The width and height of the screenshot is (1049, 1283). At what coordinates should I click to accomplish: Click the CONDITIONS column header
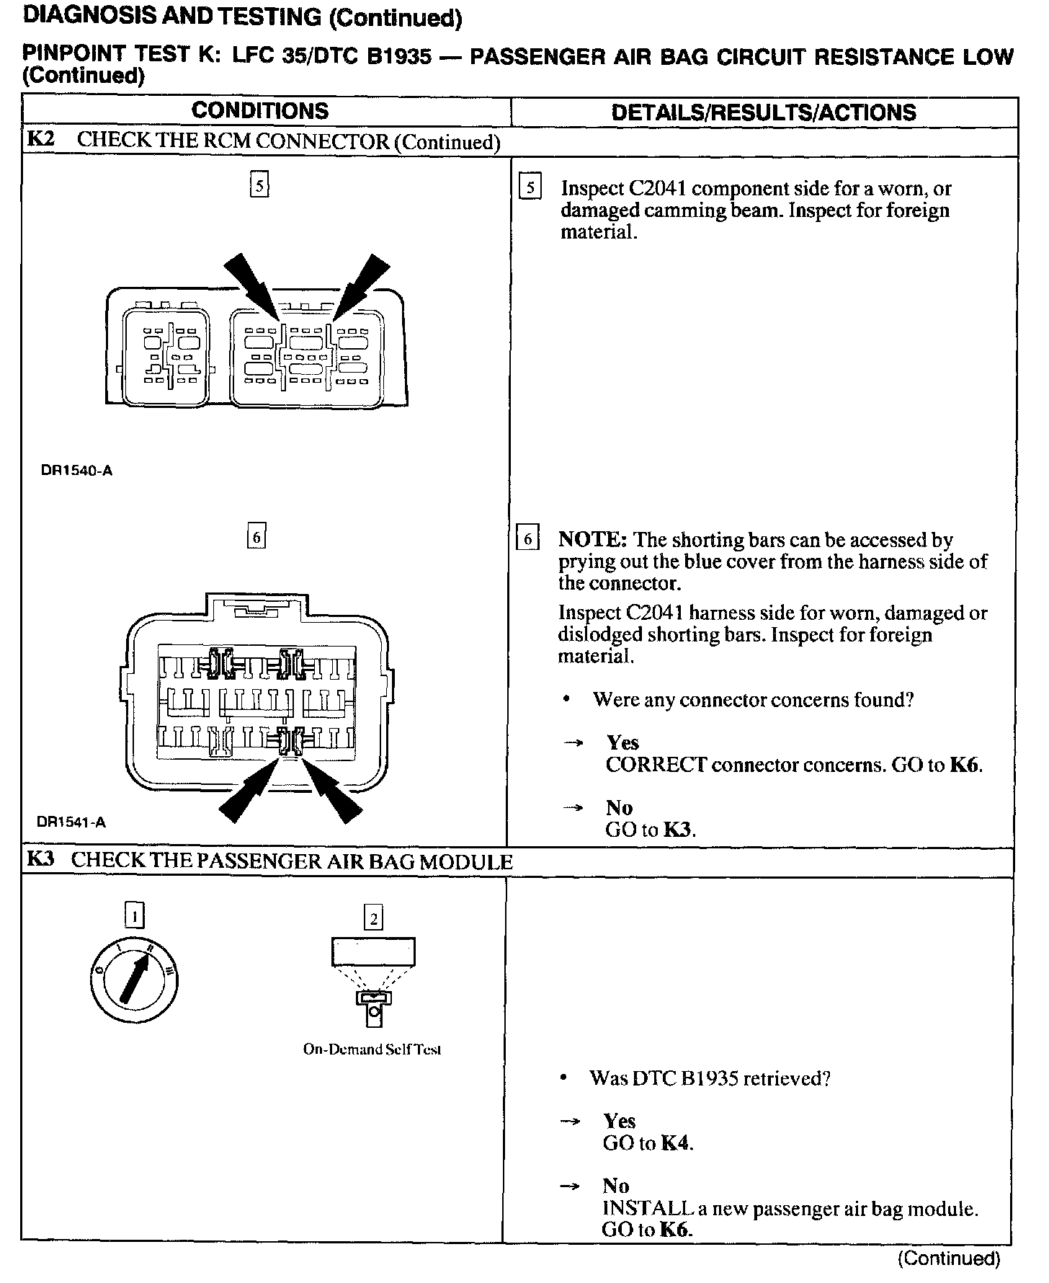coord(260,111)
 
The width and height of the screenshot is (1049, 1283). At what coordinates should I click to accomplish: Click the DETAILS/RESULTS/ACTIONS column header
coord(763,112)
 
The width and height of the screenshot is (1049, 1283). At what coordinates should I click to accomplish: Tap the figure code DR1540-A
coord(76,471)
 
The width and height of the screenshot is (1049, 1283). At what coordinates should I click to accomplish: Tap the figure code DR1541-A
coord(71,822)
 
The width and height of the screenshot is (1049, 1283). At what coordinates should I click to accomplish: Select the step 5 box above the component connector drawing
coord(259,186)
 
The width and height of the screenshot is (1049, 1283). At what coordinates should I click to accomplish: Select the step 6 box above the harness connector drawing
coord(256,537)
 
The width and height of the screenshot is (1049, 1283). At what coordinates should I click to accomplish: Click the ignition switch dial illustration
coord(134,980)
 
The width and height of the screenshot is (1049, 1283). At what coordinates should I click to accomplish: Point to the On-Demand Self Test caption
coord(372,1049)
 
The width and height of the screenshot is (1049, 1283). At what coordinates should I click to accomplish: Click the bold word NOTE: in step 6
coord(593,540)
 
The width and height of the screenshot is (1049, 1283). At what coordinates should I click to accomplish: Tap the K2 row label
coord(41,139)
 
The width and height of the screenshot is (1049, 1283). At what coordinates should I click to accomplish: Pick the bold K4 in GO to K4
coord(676,1143)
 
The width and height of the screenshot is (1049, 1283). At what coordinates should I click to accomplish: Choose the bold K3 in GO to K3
coord(678,830)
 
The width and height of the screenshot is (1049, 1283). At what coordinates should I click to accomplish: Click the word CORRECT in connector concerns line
coord(656,765)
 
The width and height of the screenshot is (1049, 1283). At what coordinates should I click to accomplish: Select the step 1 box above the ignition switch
coord(134,916)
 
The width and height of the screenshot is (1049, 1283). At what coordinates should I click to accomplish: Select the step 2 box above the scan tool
coord(373,918)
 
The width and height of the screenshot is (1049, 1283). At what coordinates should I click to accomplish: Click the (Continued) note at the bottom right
coord(949,1258)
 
